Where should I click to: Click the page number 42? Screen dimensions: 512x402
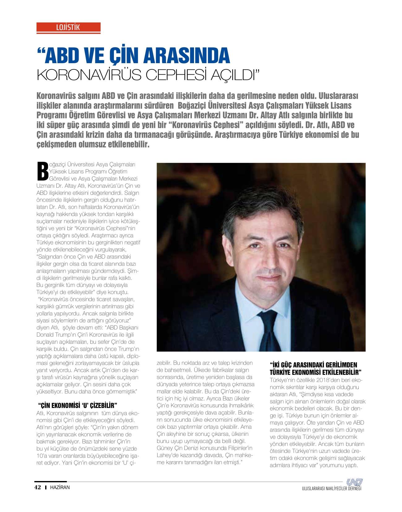click(x=37, y=487)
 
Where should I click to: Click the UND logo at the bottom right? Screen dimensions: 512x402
click(x=354, y=482)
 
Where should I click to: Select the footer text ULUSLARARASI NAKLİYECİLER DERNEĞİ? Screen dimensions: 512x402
click(x=332, y=489)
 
